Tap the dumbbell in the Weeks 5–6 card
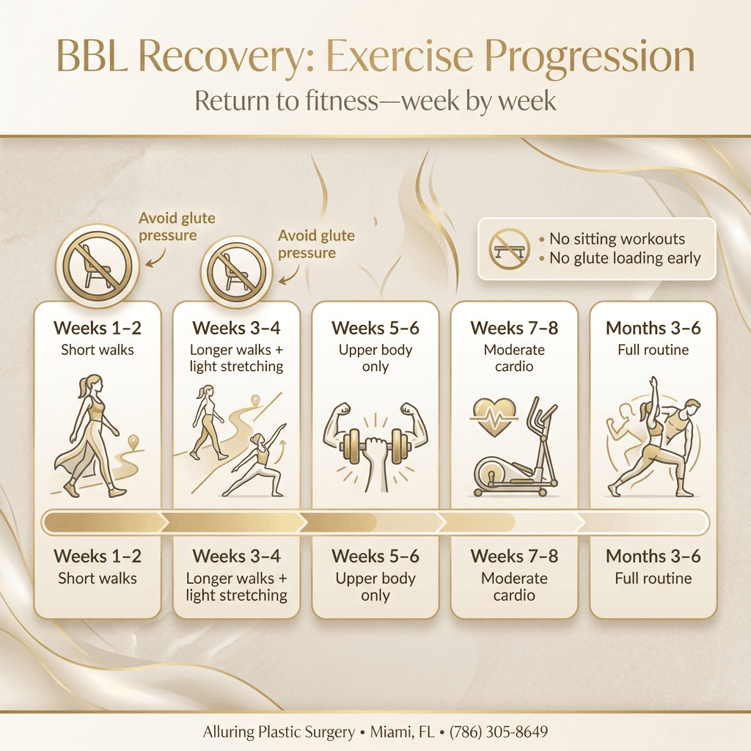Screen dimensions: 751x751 point(375,443)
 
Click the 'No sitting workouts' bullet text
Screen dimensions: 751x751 point(616,239)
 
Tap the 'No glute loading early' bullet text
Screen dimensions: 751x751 point(623,258)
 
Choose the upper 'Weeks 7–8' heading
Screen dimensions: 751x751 point(513,328)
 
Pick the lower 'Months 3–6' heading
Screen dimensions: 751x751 point(653,556)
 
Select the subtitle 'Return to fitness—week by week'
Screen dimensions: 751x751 point(375,100)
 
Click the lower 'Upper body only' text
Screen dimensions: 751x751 point(375,587)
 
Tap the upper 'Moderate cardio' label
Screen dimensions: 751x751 point(513,358)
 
